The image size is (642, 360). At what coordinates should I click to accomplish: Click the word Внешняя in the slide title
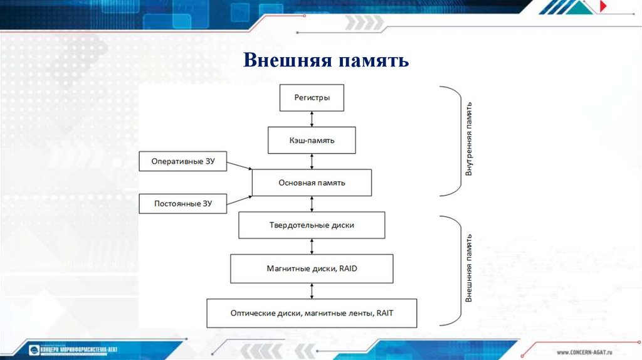click(x=286, y=61)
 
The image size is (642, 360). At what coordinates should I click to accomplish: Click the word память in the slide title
click(x=374, y=61)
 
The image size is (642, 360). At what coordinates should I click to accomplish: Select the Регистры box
click(x=312, y=98)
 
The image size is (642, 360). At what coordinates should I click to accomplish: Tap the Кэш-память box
click(x=312, y=140)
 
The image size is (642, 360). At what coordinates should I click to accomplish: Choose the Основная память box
click(x=312, y=183)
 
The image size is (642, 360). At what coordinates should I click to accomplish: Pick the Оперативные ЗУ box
click(x=182, y=161)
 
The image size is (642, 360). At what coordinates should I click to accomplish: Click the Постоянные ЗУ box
click(x=182, y=204)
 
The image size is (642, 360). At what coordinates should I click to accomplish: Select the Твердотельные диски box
click(x=312, y=225)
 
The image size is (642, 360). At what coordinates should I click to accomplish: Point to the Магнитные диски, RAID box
click(x=312, y=268)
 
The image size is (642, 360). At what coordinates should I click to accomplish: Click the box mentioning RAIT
click(x=312, y=313)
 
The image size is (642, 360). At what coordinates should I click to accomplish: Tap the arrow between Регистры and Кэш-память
click(x=312, y=119)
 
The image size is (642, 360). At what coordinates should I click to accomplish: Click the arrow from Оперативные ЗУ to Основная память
click(x=239, y=166)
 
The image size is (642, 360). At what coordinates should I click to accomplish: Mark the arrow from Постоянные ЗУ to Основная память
click(x=239, y=199)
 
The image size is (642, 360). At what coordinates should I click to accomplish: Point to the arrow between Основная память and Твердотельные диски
click(x=312, y=204)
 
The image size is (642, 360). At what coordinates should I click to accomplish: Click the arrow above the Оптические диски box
click(x=312, y=290)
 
